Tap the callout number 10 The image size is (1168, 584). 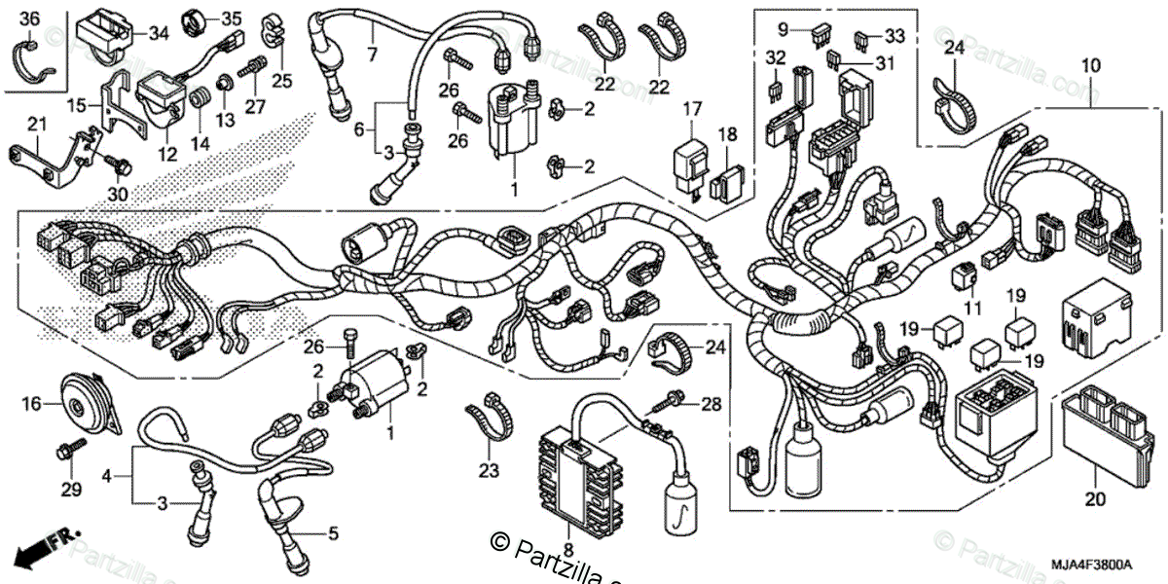pyautogui.click(x=1090, y=65)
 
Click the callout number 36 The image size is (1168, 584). pyautogui.click(x=29, y=18)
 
